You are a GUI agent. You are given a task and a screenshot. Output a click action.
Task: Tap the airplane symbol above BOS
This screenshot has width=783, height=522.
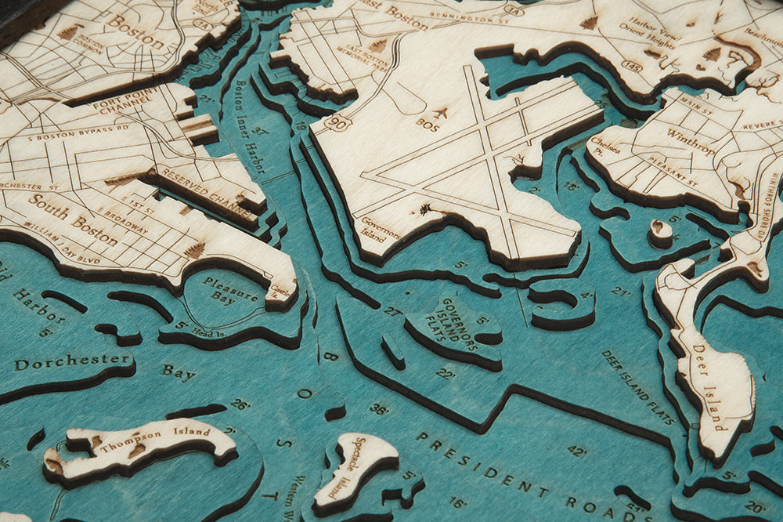coord(439,114)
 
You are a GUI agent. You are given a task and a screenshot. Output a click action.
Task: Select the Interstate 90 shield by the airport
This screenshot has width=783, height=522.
coord(338,124)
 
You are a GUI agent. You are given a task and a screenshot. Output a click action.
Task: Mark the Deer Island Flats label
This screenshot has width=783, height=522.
coord(638,375)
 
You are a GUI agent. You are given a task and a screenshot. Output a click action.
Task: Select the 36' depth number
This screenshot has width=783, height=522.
coord(379,409)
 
